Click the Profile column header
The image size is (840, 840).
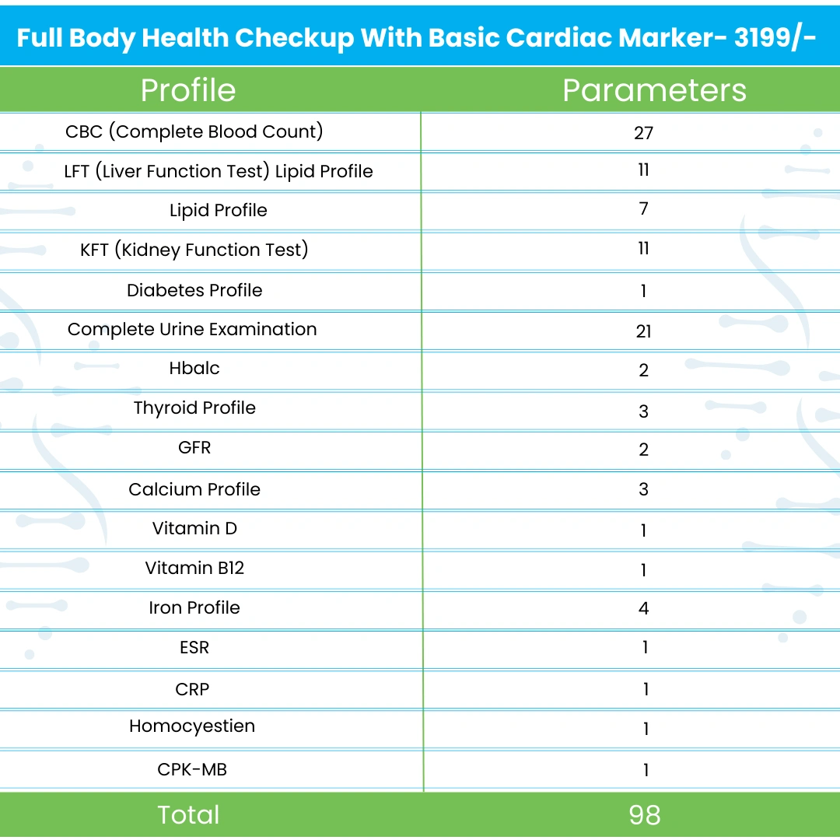click(188, 90)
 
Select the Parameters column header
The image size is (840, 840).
click(654, 90)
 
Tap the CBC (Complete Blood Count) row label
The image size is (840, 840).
click(194, 131)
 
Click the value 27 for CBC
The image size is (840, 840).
click(643, 133)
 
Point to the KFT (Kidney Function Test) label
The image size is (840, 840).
click(194, 250)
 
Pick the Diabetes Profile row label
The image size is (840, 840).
click(194, 290)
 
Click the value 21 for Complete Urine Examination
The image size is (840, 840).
click(643, 331)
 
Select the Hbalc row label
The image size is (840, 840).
click(194, 368)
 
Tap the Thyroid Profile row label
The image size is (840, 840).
click(194, 408)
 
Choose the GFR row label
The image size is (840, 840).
click(194, 448)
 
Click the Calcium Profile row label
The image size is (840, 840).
click(194, 489)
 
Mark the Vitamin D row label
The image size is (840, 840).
click(194, 529)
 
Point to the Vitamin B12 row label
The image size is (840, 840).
click(194, 569)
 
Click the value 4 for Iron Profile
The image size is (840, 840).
click(643, 608)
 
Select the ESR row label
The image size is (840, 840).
click(194, 648)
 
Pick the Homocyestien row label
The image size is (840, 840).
click(192, 726)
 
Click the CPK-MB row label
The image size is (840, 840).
click(192, 770)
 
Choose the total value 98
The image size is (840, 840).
click(645, 815)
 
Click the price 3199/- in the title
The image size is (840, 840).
click(775, 37)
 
